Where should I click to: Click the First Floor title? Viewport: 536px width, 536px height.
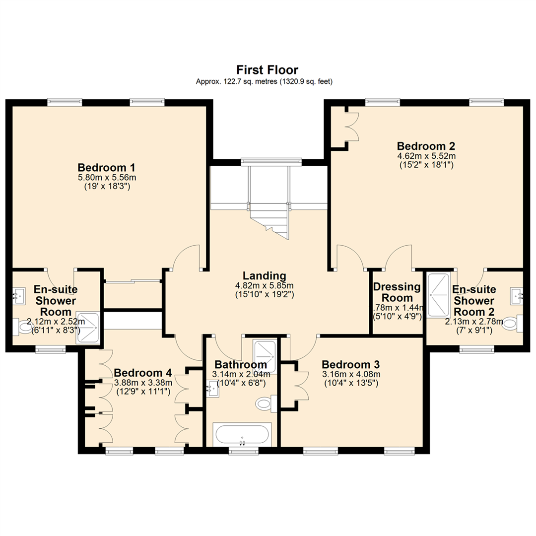(268, 69)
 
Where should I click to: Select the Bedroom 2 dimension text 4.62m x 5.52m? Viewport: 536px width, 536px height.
(426, 156)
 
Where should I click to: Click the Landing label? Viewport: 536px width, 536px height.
(264, 276)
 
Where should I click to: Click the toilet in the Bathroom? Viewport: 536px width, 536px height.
(267, 403)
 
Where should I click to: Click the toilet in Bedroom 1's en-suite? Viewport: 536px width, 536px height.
(23, 327)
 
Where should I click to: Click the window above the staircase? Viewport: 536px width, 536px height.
(271, 161)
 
